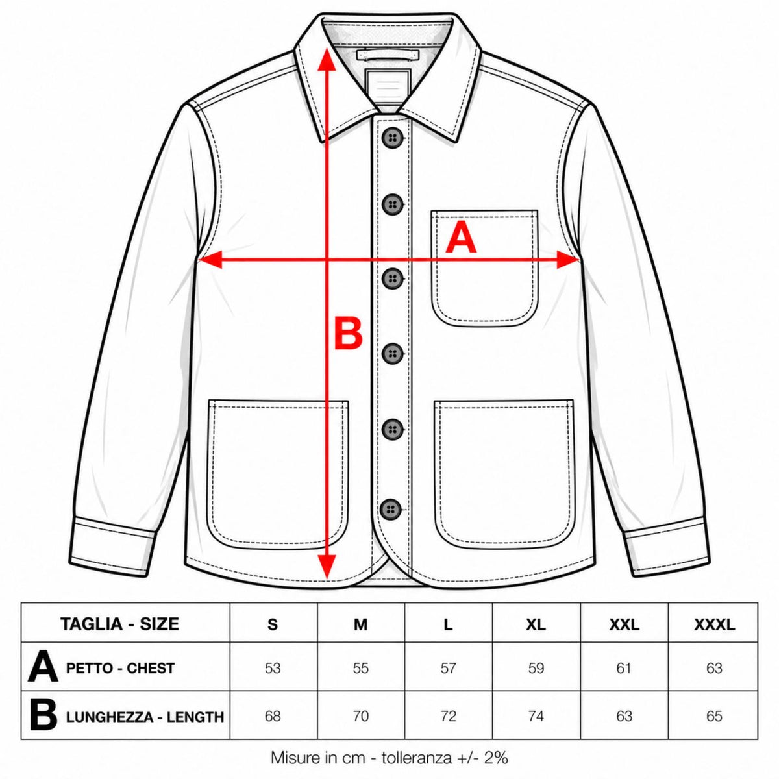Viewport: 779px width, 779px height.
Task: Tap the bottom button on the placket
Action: click(x=391, y=508)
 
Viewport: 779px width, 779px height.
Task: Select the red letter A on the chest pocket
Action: click(x=460, y=239)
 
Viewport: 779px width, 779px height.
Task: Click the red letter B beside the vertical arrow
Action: click(x=347, y=334)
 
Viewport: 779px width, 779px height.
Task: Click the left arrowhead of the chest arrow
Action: click(x=210, y=260)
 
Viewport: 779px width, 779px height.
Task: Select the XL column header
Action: click(x=536, y=625)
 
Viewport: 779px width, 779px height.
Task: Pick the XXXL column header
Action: click(x=714, y=625)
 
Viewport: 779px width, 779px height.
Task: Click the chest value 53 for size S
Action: click(x=273, y=668)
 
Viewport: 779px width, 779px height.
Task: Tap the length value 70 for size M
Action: click(x=360, y=716)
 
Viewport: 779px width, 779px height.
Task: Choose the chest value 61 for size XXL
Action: click(x=624, y=668)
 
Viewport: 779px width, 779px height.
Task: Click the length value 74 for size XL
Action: click(x=536, y=716)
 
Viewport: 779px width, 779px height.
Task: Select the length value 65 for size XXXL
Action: click(x=714, y=716)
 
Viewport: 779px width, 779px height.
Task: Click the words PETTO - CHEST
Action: click(x=121, y=668)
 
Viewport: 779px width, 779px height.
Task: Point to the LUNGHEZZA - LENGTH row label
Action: click(x=145, y=717)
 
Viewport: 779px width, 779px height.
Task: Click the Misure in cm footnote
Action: click(x=389, y=758)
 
